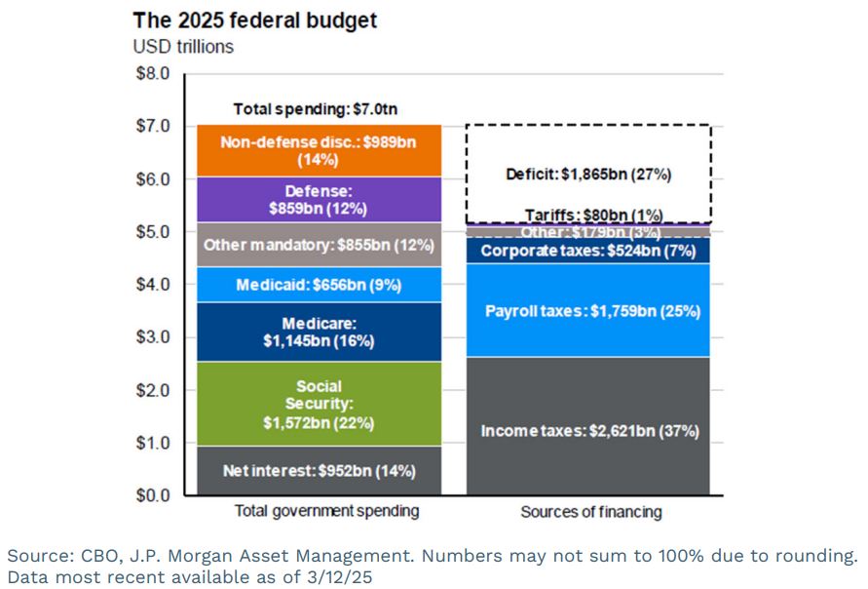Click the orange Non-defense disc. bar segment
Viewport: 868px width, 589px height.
(319, 150)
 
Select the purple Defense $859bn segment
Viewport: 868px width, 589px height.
(319, 200)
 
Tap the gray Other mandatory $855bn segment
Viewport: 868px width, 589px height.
(319, 245)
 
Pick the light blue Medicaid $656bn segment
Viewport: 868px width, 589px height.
(319, 285)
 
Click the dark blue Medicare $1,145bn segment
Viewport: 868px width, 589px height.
(319, 332)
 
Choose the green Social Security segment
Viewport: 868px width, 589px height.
(319, 404)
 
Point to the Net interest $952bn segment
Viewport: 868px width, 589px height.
(319, 471)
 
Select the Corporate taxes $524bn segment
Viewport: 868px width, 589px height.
(588, 250)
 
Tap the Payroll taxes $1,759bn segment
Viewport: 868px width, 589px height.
(588, 311)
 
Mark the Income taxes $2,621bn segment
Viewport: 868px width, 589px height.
(588, 429)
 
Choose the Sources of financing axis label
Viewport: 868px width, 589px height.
(589, 512)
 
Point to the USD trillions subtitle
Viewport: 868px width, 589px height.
(183, 46)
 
